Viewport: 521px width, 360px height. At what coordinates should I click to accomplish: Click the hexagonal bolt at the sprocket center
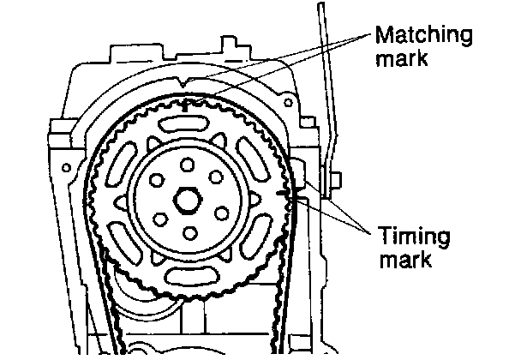coord(187,201)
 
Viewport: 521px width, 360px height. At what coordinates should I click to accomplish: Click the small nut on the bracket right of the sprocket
coord(337,179)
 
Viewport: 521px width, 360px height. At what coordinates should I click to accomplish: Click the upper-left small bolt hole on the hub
coord(154,180)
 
